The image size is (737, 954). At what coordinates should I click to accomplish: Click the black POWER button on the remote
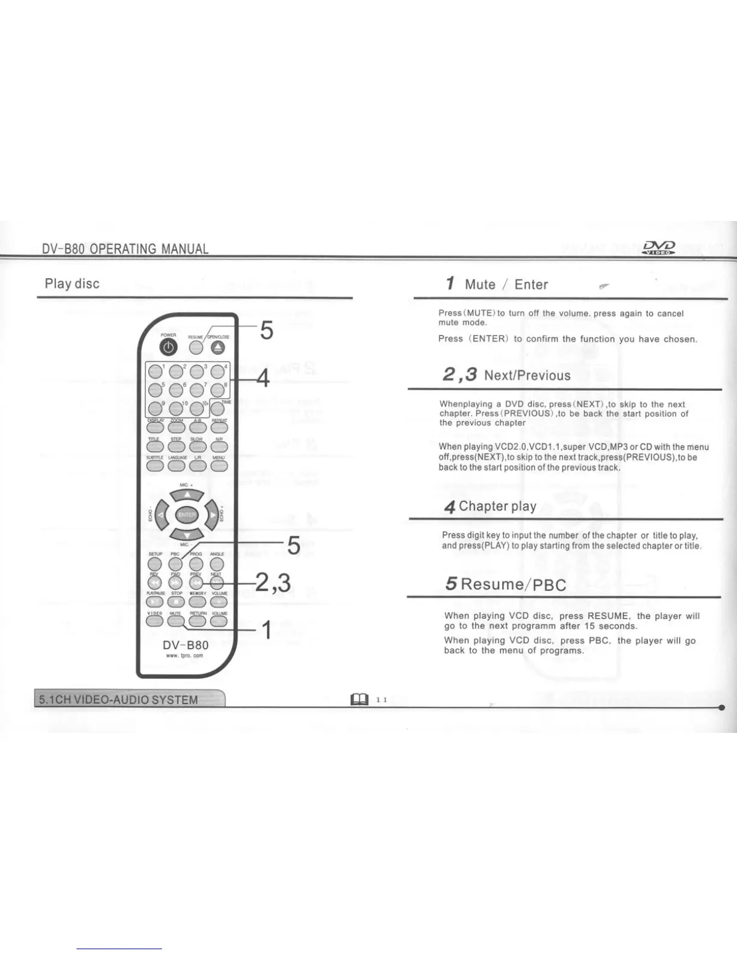(169, 348)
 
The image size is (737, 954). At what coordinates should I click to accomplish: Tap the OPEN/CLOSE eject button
(217, 348)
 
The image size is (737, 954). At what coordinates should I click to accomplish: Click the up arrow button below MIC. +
(187, 495)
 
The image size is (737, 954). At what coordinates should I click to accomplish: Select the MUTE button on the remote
(175, 621)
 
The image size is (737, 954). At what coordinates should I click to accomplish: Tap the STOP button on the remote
(176, 602)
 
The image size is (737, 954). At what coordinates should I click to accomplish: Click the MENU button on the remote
(219, 465)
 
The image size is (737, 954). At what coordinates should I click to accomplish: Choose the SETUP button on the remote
(155, 563)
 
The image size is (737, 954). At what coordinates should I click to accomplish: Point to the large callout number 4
(263, 379)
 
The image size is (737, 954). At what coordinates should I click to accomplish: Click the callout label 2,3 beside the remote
(273, 582)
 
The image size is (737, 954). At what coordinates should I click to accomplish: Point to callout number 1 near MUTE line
(266, 631)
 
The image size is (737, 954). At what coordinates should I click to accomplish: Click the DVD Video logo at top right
(659, 248)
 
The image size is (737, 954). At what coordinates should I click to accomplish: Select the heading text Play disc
(72, 284)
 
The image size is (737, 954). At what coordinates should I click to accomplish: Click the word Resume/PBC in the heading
(513, 584)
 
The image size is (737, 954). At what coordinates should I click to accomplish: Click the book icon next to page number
(359, 699)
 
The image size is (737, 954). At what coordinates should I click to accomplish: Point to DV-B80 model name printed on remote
(185, 645)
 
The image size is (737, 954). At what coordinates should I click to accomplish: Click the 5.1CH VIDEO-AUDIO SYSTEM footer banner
(119, 699)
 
